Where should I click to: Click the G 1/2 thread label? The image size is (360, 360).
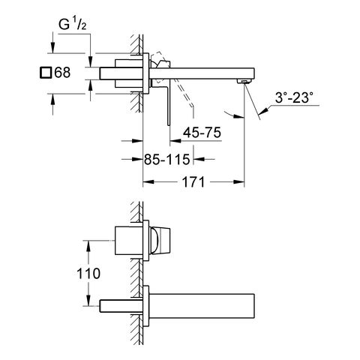click(73, 25)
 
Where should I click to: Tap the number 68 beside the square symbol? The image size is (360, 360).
click(62, 73)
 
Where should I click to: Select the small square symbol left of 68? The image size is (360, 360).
click(46, 73)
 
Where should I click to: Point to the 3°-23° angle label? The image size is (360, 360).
click(294, 97)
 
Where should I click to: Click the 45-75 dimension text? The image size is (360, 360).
click(202, 132)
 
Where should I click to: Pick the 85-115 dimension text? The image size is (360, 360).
click(166, 159)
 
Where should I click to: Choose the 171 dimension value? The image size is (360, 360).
click(193, 182)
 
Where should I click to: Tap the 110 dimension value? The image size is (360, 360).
click(88, 274)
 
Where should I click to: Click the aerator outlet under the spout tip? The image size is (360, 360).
click(243, 81)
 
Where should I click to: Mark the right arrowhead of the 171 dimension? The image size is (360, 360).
click(239, 182)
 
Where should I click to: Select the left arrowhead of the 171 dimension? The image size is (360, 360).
click(148, 182)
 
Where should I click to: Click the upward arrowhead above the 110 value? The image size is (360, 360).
click(88, 246)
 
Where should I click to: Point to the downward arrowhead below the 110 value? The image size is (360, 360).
click(88, 300)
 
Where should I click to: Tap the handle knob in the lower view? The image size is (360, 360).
click(160, 241)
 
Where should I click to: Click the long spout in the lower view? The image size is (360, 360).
click(202, 306)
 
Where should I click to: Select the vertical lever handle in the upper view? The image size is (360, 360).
click(168, 105)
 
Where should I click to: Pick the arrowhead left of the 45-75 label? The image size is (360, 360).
click(175, 141)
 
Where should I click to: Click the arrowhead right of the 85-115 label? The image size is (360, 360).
click(199, 159)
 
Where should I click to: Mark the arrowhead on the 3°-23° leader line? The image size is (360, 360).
click(263, 110)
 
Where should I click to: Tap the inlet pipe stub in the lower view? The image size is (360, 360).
click(121, 306)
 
